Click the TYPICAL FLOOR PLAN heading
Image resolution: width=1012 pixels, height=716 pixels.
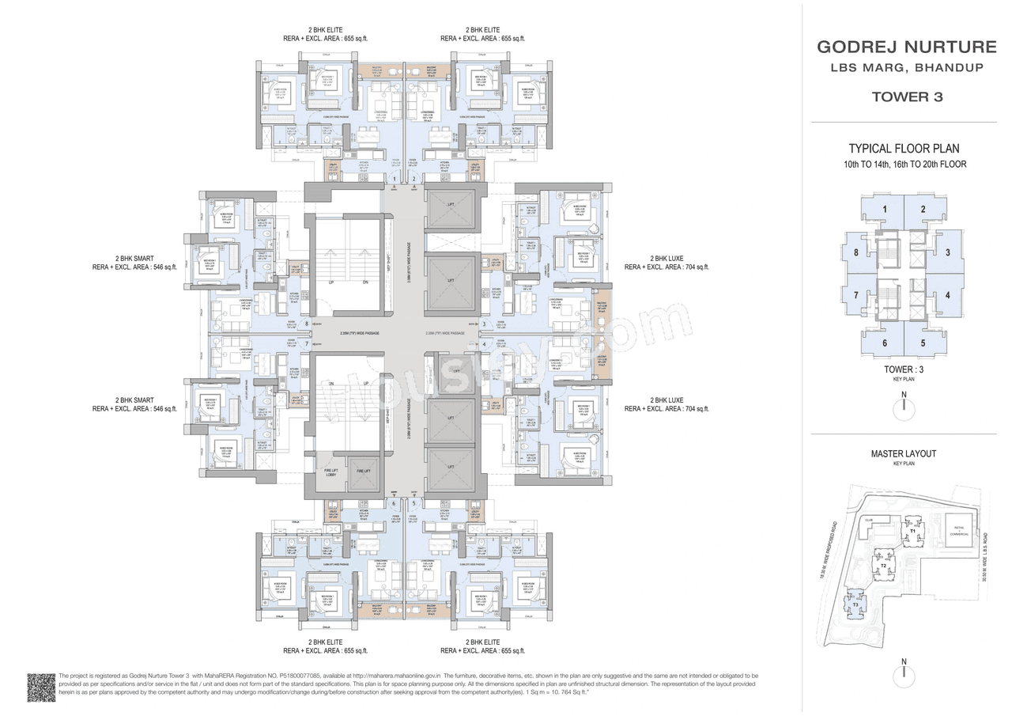[904, 149]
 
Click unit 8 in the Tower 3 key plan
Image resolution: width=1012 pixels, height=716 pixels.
[855, 252]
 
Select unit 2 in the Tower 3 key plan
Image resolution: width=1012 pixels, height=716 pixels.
[923, 210]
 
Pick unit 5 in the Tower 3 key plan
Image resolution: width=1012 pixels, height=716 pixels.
[923, 343]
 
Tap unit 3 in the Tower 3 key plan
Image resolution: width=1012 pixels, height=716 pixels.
[947, 252]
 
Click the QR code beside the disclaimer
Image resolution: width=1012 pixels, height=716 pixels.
[41, 687]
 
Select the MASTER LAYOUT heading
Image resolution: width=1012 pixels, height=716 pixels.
[903, 453]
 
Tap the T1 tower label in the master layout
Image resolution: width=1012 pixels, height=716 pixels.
[912, 530]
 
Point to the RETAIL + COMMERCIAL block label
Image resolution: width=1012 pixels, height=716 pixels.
[958, 531]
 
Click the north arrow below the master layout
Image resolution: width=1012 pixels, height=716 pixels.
[904, 674]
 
